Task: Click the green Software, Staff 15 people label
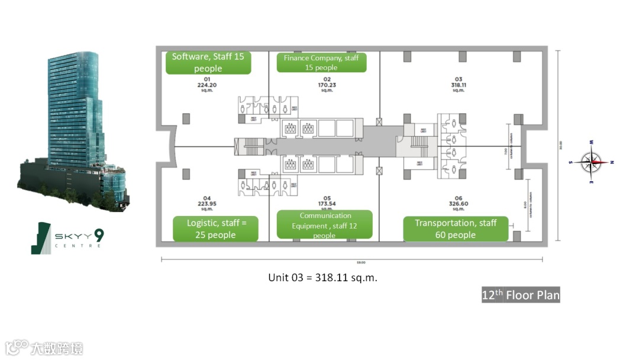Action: [208, 63]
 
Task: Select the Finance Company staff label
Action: [321, 63]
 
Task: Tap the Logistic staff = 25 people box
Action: [215, 229]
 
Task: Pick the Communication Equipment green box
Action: [325, 225]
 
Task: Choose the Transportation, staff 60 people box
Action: [456, 229]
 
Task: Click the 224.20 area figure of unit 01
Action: [207, 85]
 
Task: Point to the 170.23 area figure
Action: [327, 85]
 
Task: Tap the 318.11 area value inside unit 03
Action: [458, 85]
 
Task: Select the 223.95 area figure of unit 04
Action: [207, 204]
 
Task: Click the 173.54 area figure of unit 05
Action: [327, 204]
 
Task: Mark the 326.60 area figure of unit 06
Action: [458, 204]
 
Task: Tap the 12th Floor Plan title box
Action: [521, 295]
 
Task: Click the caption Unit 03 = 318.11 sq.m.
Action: [322, 277]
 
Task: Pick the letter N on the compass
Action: [612, 162]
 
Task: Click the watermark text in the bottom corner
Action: [44, 348]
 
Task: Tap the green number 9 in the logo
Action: [99, 235]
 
